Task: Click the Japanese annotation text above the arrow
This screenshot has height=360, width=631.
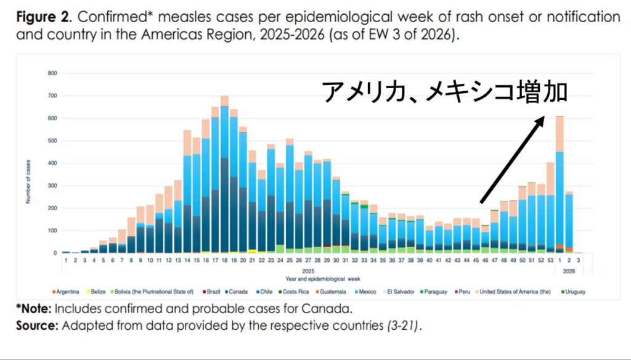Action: point(444,92)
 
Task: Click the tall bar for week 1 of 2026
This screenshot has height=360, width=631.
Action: point(560,185)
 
